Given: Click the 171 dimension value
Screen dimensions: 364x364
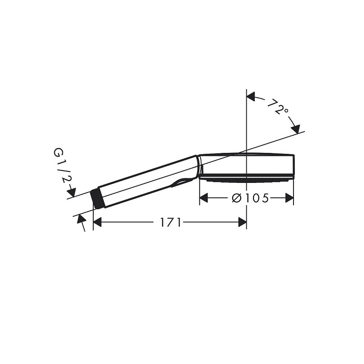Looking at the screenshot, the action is [170, 222].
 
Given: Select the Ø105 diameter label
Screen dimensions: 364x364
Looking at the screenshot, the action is [250, 198].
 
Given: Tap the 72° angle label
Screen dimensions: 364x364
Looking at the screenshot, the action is [278, 107].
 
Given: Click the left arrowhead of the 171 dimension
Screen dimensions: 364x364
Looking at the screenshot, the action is [97, 222].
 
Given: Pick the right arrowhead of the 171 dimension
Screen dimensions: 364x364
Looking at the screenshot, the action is [242, 222].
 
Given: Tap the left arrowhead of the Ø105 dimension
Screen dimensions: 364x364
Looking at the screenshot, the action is [203, 198].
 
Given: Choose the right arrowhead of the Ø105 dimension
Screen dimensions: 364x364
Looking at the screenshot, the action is [289, 198].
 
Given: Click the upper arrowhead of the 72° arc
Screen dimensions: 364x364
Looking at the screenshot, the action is [251, 96].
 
